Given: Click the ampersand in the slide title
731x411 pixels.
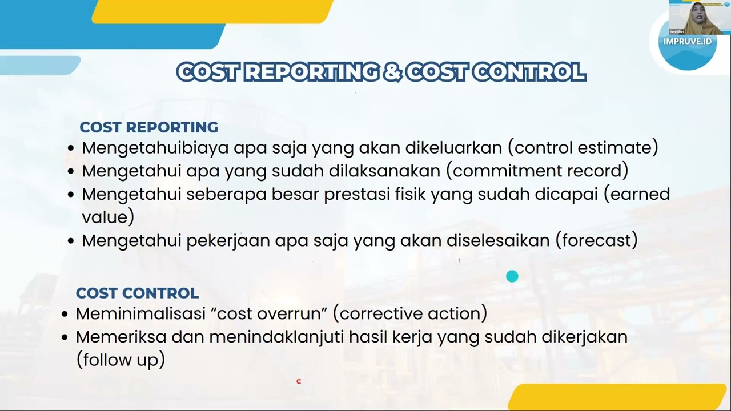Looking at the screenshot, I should pos(392,72).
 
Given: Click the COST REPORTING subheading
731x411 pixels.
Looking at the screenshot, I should pos(148,127).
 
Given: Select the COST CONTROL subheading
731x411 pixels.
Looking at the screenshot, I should pos(137,293).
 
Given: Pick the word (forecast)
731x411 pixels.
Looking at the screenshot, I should pos(596,240).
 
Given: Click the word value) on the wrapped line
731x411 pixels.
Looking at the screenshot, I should pos(108,217).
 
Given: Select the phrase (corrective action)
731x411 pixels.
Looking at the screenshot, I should pos(410,313).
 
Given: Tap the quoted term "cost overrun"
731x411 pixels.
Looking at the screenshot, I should pos(260,313).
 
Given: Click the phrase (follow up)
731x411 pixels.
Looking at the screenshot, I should pos(121,360).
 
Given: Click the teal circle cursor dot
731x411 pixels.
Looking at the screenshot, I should pos(512,276).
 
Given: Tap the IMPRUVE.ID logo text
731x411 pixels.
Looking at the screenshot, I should pos(688,41).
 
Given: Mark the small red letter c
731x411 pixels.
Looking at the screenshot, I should pos(298,381).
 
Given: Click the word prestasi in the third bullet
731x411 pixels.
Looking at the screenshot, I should pos(357,194).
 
